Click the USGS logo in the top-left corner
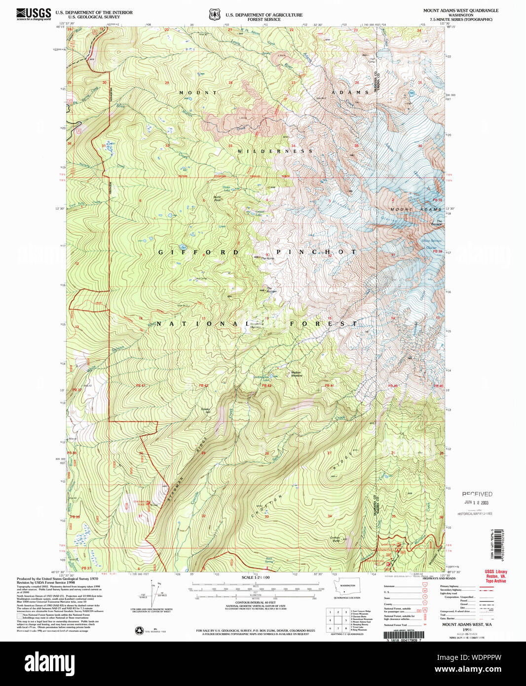[x=34, y=14]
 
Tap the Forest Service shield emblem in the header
[x=215, y=15]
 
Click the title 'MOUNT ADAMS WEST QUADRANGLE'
[x=460, y=10]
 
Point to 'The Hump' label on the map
[x=267, y=258]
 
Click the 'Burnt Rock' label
[x=217, y=199]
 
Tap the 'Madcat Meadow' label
[x=296, y=374]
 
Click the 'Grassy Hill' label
[x=205, y=410]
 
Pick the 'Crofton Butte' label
[x=336, y=539]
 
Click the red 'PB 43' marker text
[x=266, y=385]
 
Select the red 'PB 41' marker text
[x=141, y=385]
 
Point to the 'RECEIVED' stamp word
[x=477, y=494]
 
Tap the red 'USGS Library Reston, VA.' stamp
[x=495, y=576]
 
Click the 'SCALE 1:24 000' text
[x=256, y=577]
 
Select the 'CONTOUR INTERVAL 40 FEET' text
[x=256, y=603]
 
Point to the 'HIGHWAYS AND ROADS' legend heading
[x=439, y=578]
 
